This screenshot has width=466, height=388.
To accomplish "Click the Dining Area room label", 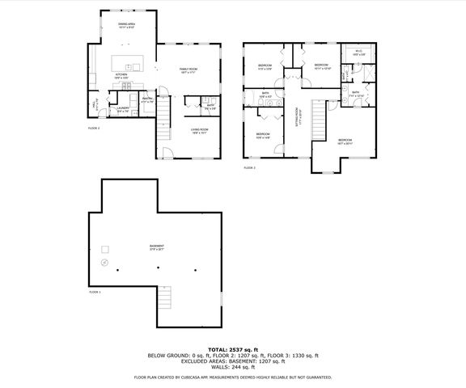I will point(126,25).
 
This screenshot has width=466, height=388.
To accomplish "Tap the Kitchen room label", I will point(121,75).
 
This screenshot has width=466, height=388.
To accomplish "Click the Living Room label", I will point(199,130).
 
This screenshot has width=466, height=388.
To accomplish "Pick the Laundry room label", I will point(123,108).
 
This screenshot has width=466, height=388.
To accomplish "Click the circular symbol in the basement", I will point(104,264).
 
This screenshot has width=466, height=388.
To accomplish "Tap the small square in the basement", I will point(103,247).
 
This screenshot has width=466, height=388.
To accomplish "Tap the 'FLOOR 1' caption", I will point(95,290).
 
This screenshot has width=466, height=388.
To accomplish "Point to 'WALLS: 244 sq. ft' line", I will point(232,367).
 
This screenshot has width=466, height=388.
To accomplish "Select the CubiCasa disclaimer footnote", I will point(232,377).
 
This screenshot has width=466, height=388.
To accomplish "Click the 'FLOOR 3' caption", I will point(249,167).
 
